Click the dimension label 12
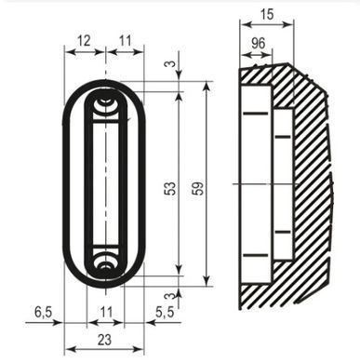pos(84,41)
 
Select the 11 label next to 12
pos(126,41)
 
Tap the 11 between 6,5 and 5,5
pos(106,312)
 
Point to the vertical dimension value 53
pos(170,188)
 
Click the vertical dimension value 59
pos(198,188)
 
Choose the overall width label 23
pos(104,340)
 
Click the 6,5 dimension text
pos(44,312)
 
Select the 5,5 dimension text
pos(165,313)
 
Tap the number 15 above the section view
pos(267,14)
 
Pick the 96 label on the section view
pos(258,44)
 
